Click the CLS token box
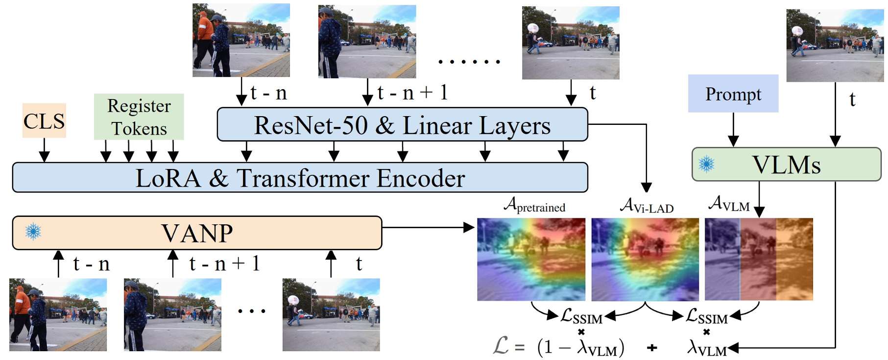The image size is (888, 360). point(44,121)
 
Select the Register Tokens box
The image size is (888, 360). point(139,117)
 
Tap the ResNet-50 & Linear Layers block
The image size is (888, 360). point(402,125)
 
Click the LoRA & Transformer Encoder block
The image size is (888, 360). point(300,178)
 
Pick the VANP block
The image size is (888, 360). point(197,233)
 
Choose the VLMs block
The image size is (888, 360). point(786,165)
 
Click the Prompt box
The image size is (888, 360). point(733,94)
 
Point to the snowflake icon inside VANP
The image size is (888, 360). point(33,232)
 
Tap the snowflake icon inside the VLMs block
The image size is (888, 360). point(706,164)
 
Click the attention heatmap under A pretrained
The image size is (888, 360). point(531,259)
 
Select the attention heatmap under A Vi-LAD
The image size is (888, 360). point(645,259)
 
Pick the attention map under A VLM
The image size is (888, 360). point(759,259)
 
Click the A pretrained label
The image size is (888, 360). point(535,205)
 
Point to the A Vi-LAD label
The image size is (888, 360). point(647,206)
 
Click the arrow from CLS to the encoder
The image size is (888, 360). point(44,150)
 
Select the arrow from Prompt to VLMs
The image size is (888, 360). point(733,130)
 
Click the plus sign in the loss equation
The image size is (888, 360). point(652,348)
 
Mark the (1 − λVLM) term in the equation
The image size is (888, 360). point(580,347)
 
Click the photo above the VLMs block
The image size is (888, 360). point(835,46)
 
